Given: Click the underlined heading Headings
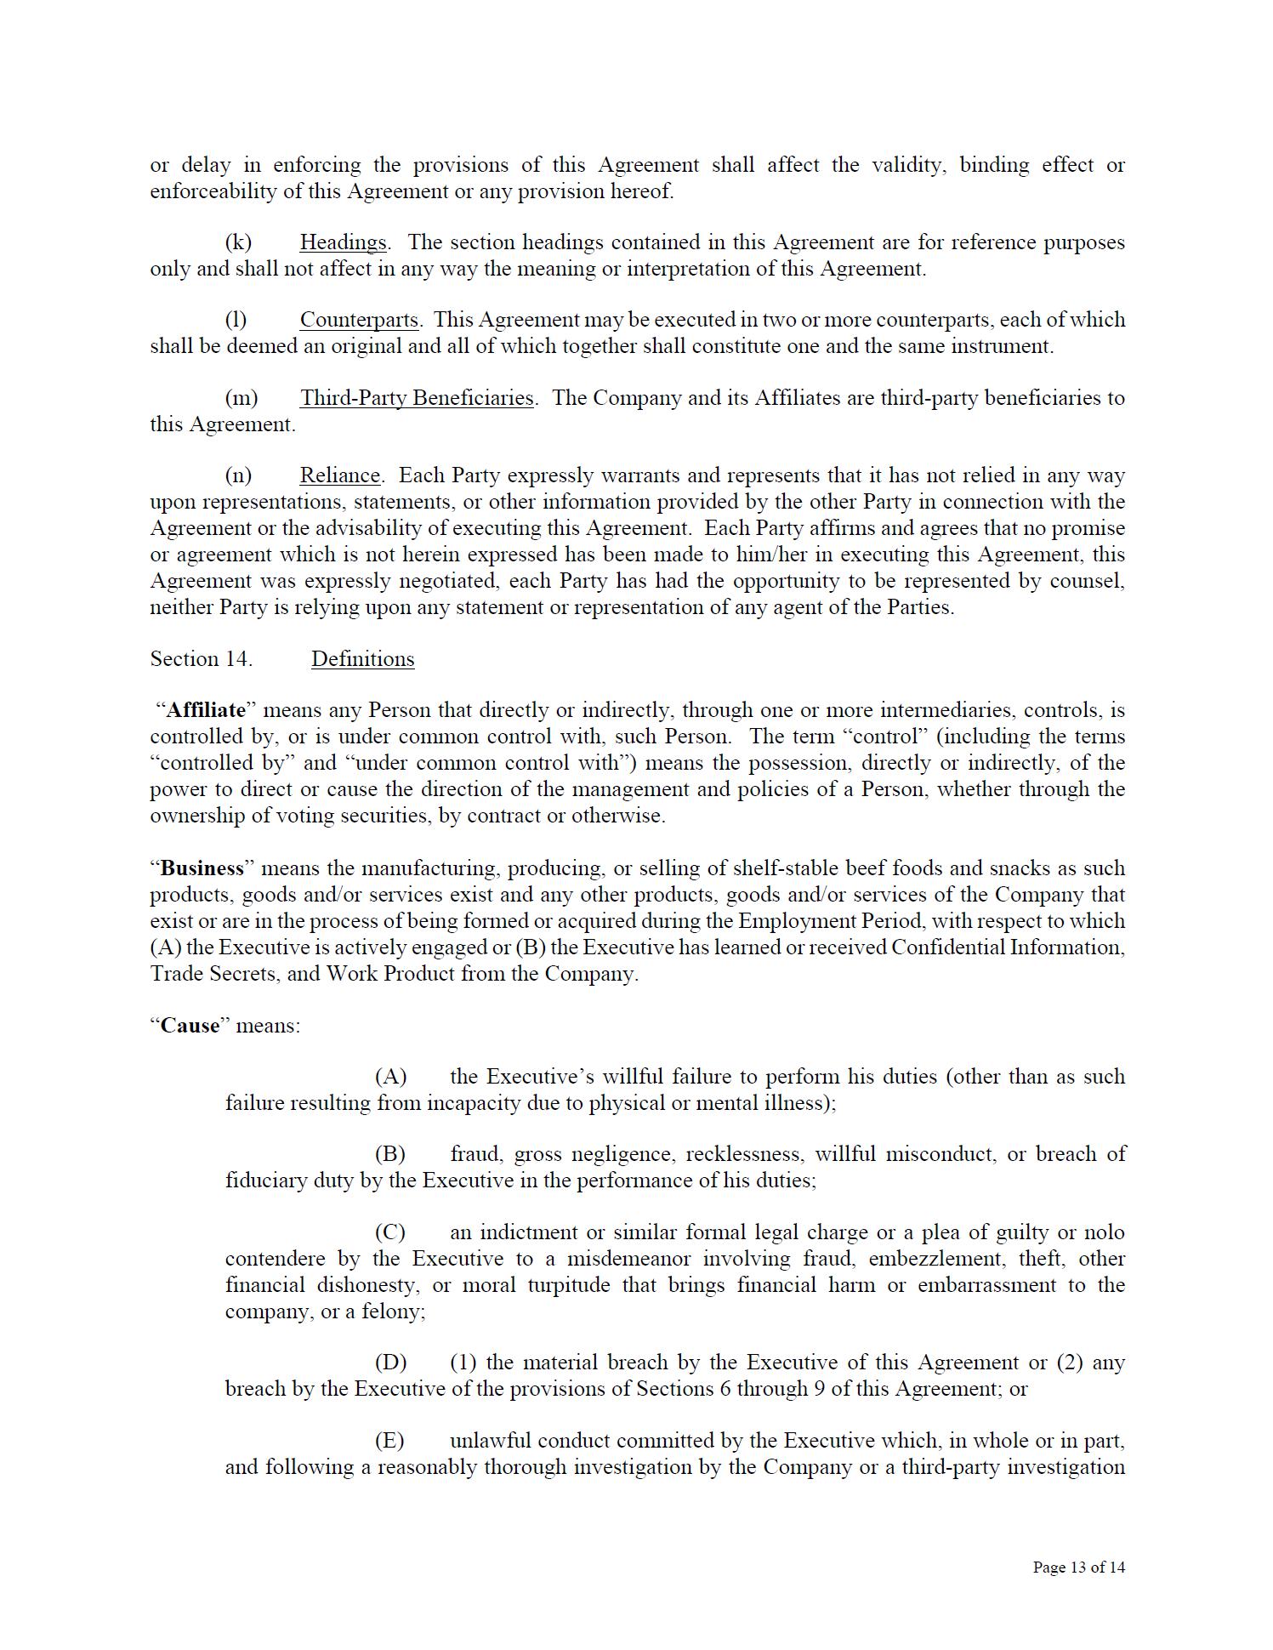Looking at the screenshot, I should click(344, 242).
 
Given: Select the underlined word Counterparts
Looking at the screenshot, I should click(359, 320).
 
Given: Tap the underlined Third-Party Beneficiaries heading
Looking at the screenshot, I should click(417, 398).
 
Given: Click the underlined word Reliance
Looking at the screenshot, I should click(339, 475).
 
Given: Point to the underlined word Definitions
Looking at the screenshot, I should click(362, 659).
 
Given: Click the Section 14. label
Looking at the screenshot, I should click(201, 659).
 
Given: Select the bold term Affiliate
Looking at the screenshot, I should click(206, 710).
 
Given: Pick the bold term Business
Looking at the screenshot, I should click(202, 868).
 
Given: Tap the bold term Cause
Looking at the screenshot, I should click(190, 1026).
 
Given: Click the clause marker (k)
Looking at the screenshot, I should click(238, 242).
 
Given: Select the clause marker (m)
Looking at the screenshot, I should click(241, 398).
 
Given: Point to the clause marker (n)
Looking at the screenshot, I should click(238, 475).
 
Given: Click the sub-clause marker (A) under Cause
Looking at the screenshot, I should click(390, 1077).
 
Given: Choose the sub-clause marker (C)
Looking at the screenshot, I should click(389, 1232).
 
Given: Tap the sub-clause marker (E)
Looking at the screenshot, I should click(389, 1441).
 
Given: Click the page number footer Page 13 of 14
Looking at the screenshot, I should click(1078, 1567).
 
